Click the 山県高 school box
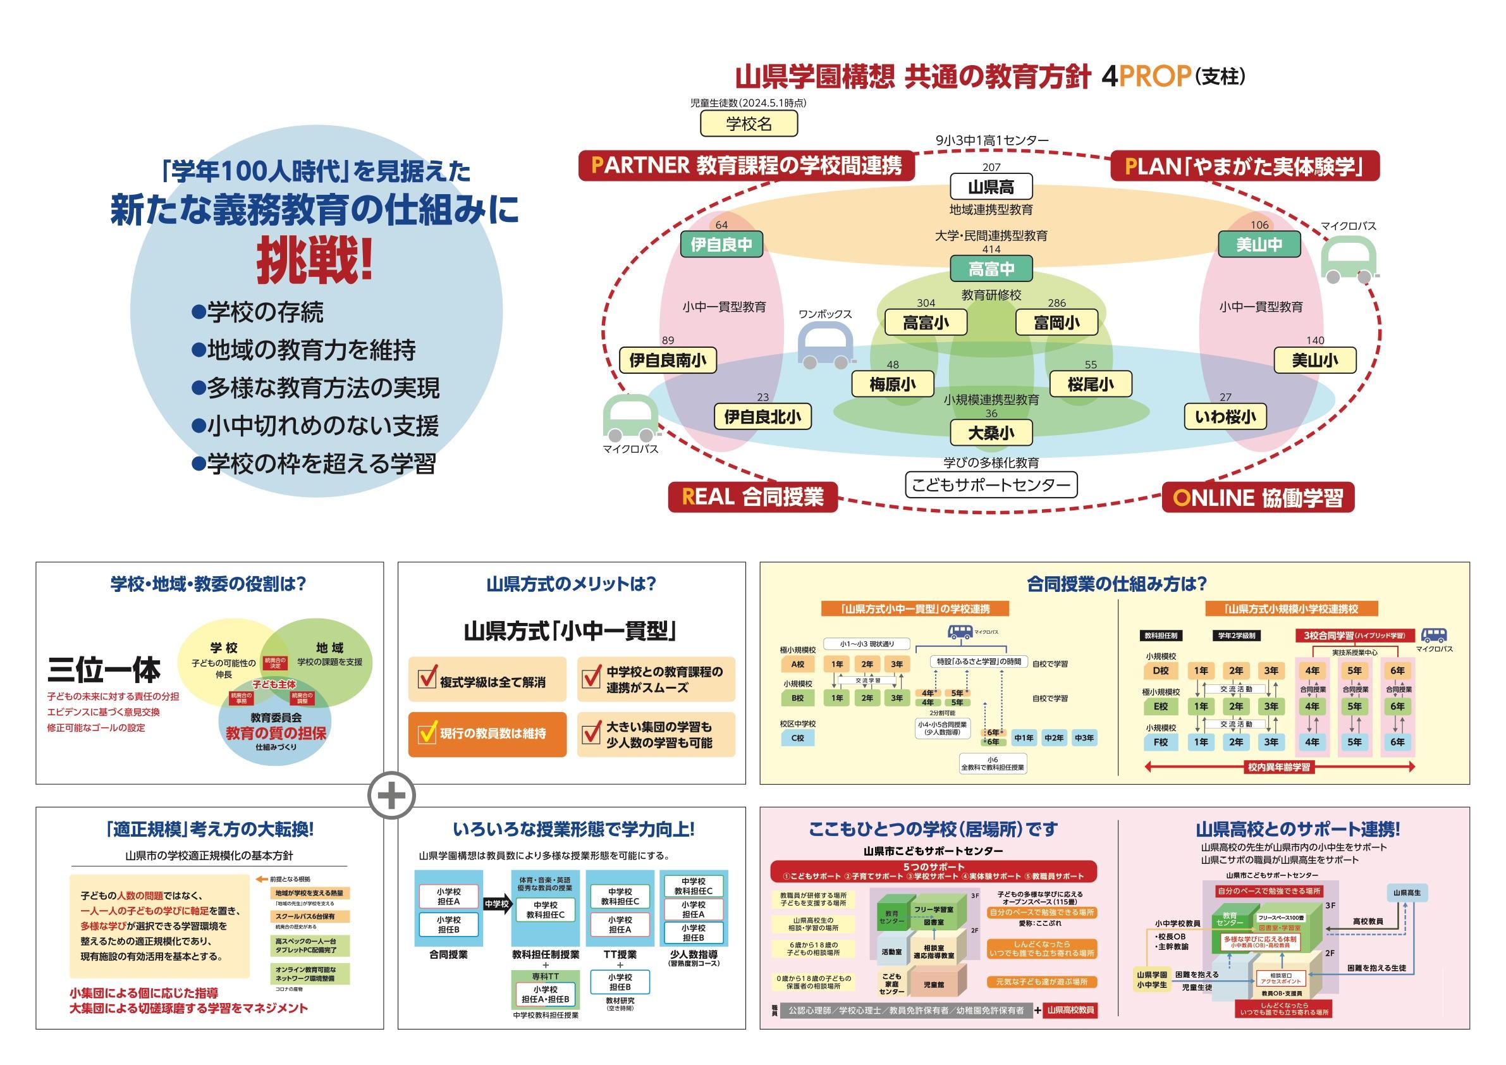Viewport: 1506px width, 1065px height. click(x=991, y=187)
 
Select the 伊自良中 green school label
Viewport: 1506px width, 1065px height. click(x=721, y=245)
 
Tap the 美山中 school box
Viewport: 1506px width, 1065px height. click(x=1259, y=245)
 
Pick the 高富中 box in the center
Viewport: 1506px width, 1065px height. click(x=991, y=268)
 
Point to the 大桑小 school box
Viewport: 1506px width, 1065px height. click(x=991, y=433)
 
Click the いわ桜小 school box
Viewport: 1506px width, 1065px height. click(x=1225, y=417)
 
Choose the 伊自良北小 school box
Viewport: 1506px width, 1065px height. click(x=762, y=417)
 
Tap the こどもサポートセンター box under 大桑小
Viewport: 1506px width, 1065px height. click(x=991, y=486)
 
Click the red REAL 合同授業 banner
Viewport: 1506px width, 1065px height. click(x=752, y=496)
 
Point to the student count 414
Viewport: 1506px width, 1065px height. click(x=991, y=249)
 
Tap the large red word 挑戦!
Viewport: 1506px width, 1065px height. click(x=314, y=261)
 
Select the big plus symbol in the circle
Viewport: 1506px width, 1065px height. click(x=391, y=796)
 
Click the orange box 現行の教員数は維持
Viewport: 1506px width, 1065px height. click(x=487, y=734)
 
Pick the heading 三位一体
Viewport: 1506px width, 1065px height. click(x=104, y=670)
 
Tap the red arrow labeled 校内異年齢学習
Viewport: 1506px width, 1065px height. click(x=1278, y=766)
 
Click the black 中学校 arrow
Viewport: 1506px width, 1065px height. click(x=497, y=904)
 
